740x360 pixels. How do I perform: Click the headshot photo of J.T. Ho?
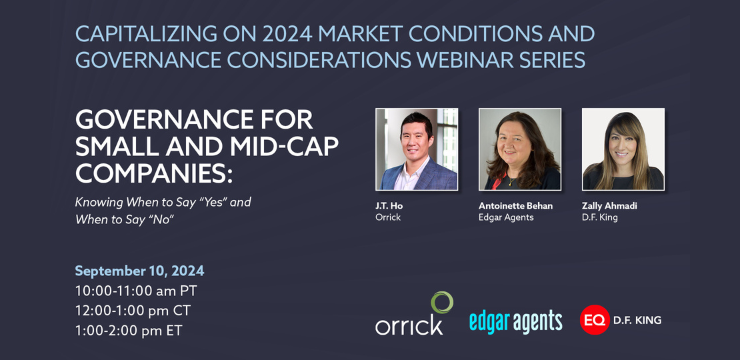click(x=416, y=149)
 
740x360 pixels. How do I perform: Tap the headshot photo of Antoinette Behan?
click(x=520, y=149)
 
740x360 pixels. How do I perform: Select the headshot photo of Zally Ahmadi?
click(x=623, y=149)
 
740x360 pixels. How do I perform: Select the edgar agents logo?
click(x=515, y=320)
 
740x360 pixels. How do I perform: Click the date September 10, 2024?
click(x=139, y=271)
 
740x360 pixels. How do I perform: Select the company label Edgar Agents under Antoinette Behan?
click(x=507, y=217)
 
